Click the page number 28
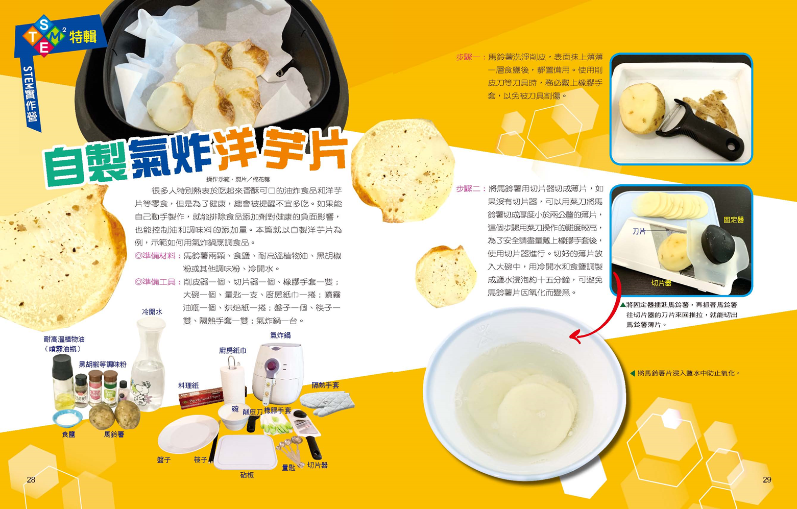click(31, 479)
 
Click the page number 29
click(767, 479)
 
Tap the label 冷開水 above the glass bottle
click(152, 312)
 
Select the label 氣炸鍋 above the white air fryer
click(280, 335)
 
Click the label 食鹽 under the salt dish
click(68, 434)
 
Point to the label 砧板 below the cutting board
click(247, 475)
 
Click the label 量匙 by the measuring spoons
click(288, 468)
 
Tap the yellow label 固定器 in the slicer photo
click(734, 220)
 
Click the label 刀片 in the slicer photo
click(639, 231)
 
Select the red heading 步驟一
click(468, 57)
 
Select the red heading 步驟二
click(468, 188)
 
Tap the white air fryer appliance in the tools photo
click(276, 374)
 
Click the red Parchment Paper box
click(201, 398)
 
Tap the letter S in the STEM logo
click(44, 24)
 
